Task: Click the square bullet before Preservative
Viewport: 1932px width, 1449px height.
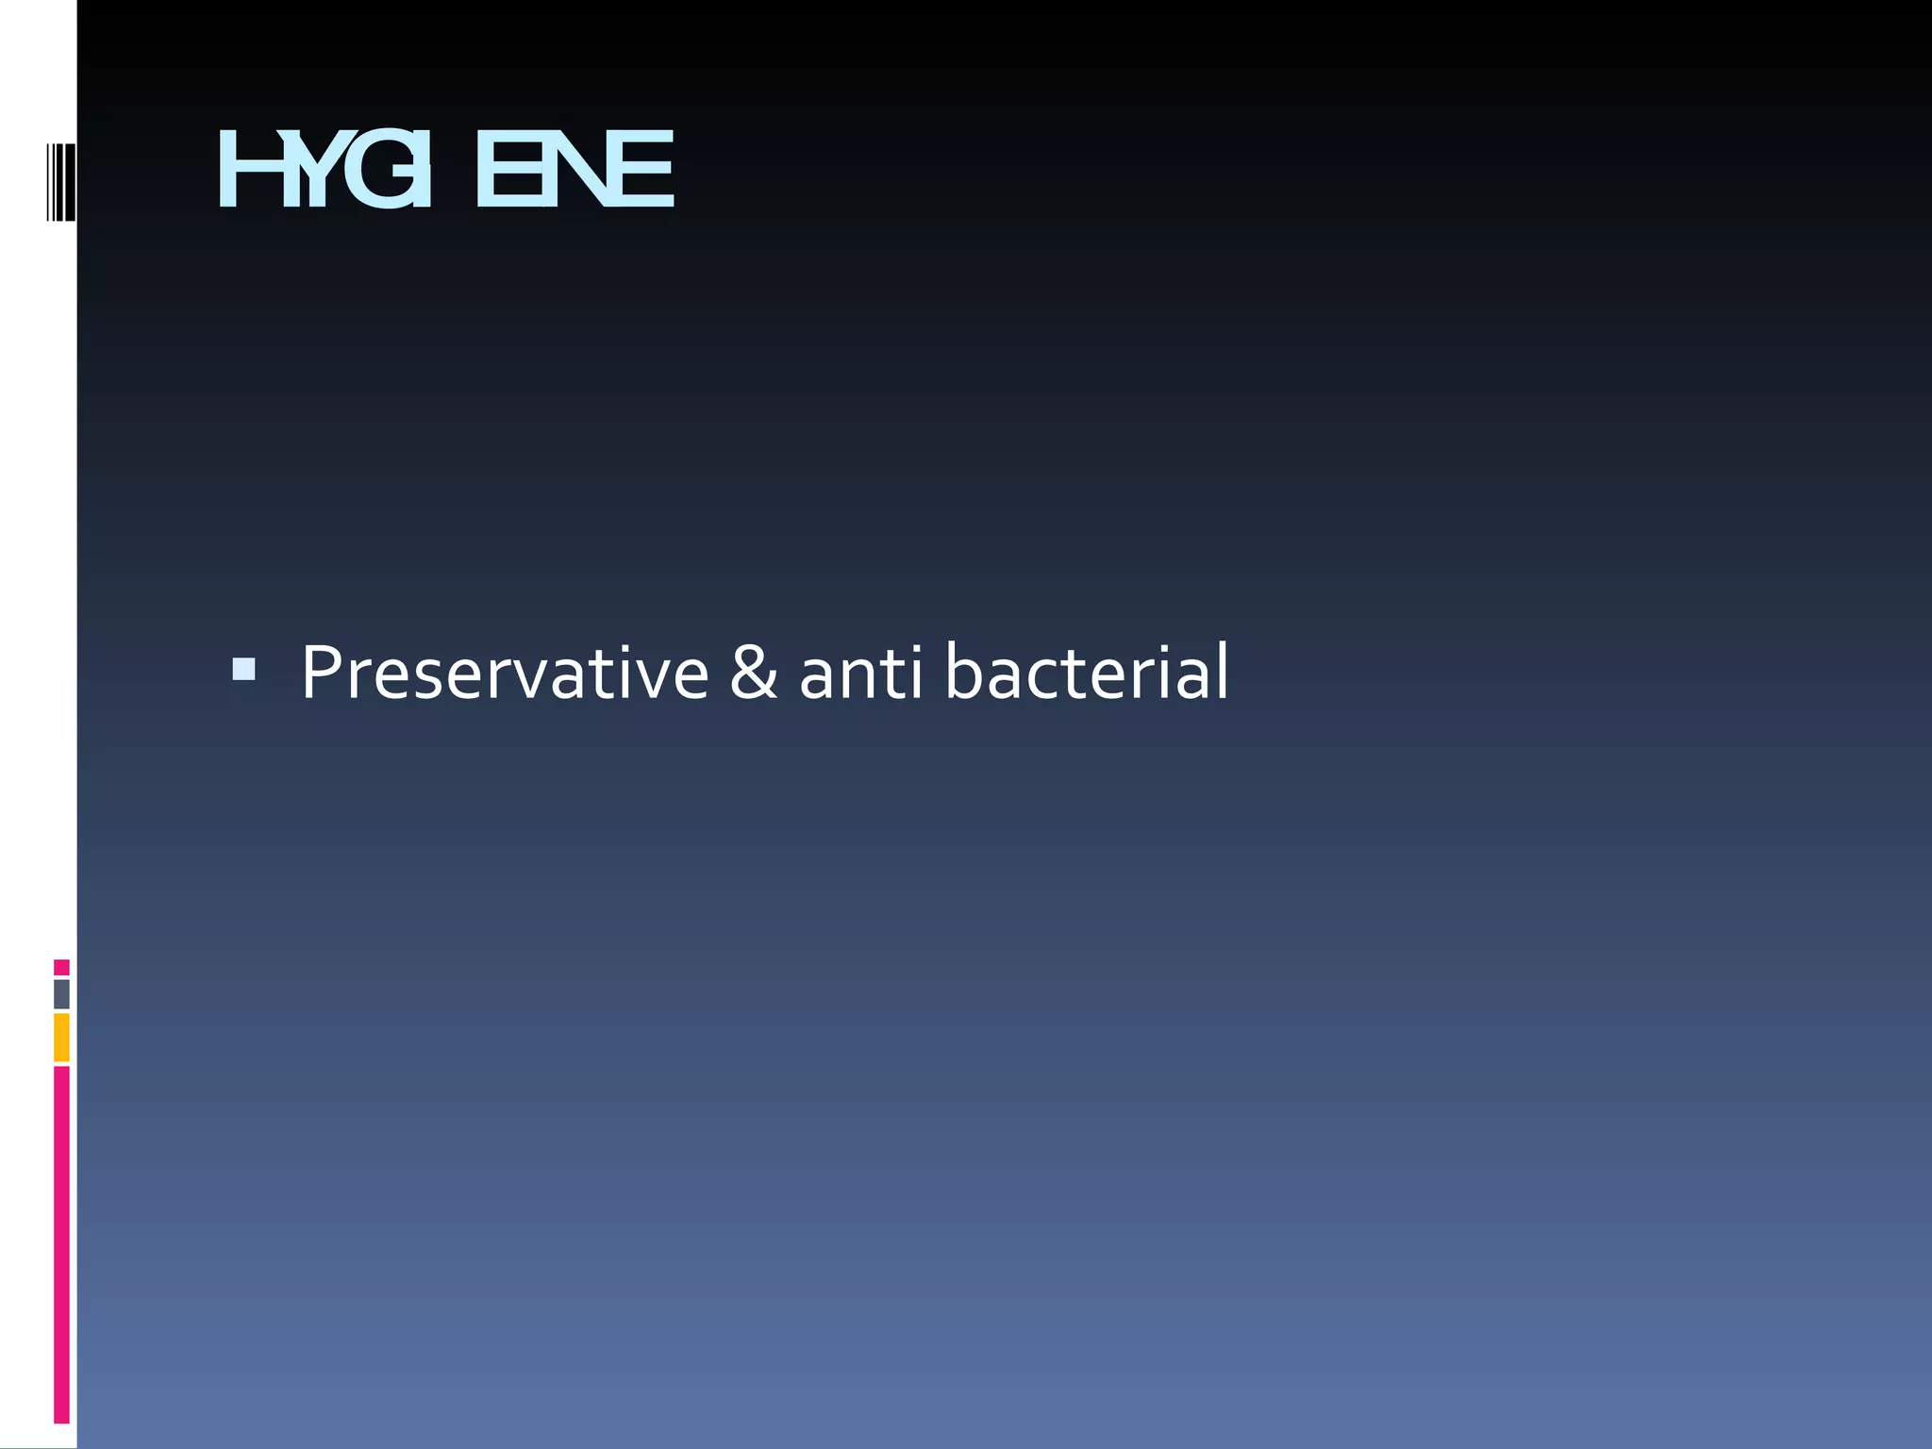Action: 243,670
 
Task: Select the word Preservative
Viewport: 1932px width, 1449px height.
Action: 505,673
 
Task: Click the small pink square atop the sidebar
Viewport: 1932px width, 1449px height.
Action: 61,967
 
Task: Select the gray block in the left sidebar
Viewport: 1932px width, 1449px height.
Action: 61,994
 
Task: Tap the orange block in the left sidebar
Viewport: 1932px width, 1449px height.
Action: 61,1037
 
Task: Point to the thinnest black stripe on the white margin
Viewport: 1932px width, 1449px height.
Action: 47,182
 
